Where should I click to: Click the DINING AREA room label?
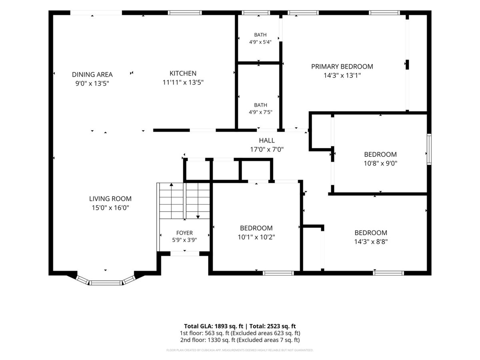[92, 74]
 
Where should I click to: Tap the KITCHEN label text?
[183, 73]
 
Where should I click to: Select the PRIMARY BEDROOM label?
[342, 66]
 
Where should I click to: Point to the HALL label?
[267, 140]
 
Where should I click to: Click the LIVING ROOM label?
[110, 199]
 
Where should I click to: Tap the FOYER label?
[184, 233]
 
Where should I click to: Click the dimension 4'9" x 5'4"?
[260, 42]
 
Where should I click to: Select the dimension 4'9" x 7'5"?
[260, 112]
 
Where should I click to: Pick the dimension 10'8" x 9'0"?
[380, 163]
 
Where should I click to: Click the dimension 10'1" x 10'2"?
[256, 237]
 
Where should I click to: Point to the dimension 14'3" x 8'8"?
[371, 242]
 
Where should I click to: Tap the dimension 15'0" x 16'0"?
[110, 208]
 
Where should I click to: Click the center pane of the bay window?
[106, 283]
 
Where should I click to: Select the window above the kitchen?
[185, 13]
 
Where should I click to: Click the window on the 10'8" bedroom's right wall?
[429, 149]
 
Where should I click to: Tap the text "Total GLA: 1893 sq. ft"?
[214, 326]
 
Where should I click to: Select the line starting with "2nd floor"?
[240, 340]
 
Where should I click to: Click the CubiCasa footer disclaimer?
[240, 350]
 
